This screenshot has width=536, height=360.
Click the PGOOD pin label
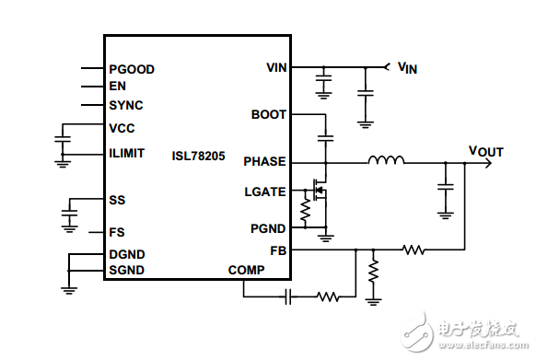(x=131, y=69)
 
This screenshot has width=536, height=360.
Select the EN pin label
(x=117, y=87)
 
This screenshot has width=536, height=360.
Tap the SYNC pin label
(x=125, y=105)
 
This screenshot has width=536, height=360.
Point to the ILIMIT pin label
(x=126, y=153)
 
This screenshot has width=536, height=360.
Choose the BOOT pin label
(x=268, y=115)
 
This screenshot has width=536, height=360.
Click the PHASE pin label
(x=264, y=162)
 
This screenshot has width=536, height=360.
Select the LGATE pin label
(x=265, y=192)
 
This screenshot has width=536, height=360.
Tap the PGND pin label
(x=268, y=227)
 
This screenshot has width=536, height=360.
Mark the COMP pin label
(x=246, y=270)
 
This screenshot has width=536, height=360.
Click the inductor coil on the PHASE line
(x=386, y=162)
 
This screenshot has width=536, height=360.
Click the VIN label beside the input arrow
(x=406, y=67)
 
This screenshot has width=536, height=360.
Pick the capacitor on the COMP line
(x=288, y=296)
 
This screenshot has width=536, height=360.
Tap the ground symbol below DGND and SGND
(x=69, y=287)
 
